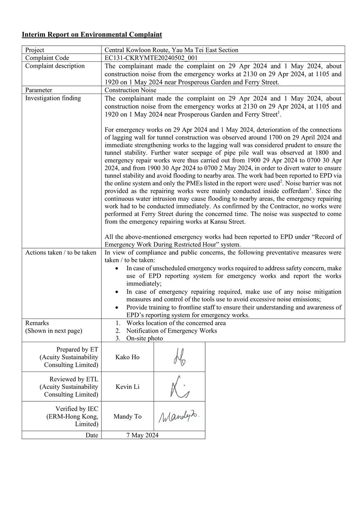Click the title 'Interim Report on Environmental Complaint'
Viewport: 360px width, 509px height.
(92, 34)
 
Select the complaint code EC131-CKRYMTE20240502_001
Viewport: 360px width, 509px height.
(151, 58)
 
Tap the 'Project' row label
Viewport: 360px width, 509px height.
(35, 50)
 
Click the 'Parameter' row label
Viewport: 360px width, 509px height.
(39, 90)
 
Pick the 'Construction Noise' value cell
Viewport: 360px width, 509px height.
(130, 90)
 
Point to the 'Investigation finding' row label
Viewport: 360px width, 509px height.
(53, 98)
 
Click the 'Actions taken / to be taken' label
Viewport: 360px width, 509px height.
(61, 253)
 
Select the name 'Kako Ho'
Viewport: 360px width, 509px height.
(127, 357)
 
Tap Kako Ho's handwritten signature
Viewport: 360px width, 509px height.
(179, 357)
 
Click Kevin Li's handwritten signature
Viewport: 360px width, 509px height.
(179, 387)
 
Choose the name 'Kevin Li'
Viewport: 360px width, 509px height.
(127, 387)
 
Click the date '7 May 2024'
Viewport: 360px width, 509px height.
(142, 435)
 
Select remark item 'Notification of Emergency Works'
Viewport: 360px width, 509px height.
(171, 331)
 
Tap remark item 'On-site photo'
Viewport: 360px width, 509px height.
(144, 338)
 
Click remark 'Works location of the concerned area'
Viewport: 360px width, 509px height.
(176, 323)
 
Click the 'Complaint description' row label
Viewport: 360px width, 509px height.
(55, 66)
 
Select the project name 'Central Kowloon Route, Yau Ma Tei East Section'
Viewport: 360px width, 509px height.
(171, 50)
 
